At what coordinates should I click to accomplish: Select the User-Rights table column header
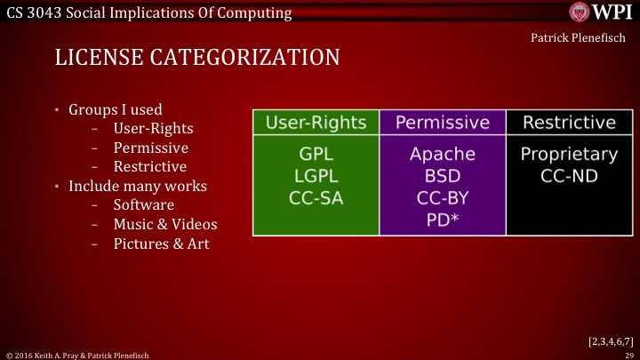pyautogui.click(x=316, y=122)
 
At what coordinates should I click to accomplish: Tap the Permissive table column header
pyautogui.click(x=442, y=122)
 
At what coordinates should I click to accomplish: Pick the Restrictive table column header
pyautogui.click(x=569, y=122)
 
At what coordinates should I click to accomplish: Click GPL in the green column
pyautogui.click(x=316, y=154)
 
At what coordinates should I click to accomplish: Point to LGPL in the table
pyautogui.click(x=316, y=176)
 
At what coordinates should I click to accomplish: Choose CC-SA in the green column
pyautogui.click(x=316, y=198)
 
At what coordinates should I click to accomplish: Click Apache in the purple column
pyautogui.click(x=442, y=154)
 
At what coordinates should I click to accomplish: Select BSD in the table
pyautogui.click(x=442, y=176)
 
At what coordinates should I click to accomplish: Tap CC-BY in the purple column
pyautogui.click(x=442, y=198)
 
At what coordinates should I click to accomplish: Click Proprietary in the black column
pyautogui.click(x=569, y=154)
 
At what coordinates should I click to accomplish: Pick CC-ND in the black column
pyautogui.click(x=569, y=176)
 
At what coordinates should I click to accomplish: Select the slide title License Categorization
pyautogui.click(x=196, y=59)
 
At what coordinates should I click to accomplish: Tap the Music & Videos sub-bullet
pyautogui.click(x=164, y=225)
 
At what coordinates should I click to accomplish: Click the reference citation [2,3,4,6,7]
pyautogui.click(x=610, y=340)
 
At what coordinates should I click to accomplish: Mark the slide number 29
pyautogui.click(x=628, y=354)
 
